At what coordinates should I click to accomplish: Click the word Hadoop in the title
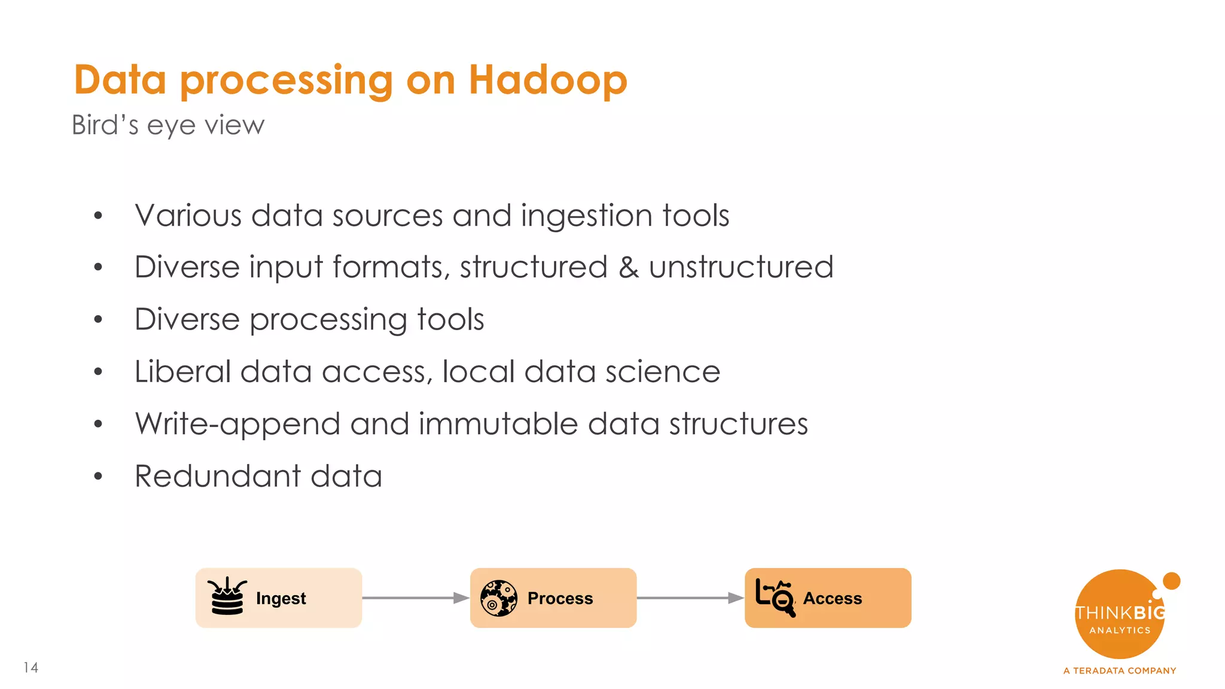(x=547, y=80)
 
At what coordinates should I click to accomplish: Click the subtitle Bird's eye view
(x=167, y=126)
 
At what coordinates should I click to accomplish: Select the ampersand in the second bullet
(x=628, y=267)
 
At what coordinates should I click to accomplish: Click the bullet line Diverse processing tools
(x=309, y=319)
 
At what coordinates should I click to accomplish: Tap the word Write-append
(x=237, y=424)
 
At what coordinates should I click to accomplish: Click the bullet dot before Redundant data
(x=98, y=477)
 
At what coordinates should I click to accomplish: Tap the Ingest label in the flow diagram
(x=281, y=598)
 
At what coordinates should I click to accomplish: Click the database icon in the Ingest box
(x=227, y=597)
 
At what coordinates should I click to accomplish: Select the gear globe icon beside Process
(x=498, y=598)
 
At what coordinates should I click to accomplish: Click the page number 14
(x=31, y=667)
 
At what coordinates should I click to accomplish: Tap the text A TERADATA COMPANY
(x=1119, y=670)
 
